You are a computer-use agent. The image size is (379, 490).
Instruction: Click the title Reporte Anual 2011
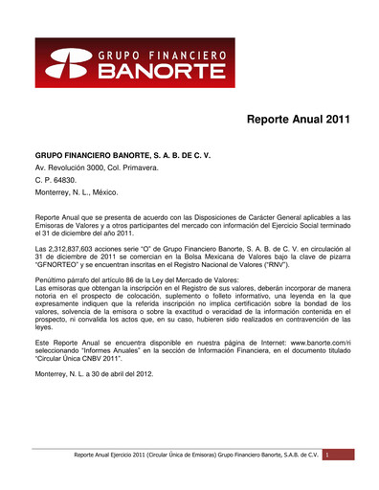point(299,121)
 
